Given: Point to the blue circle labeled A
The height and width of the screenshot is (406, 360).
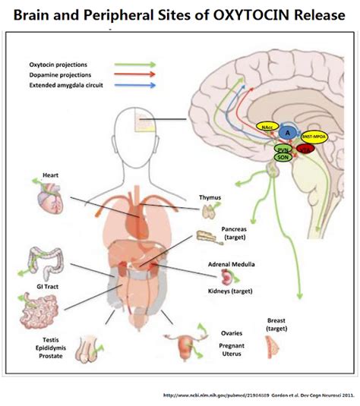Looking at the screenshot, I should click(288, 131).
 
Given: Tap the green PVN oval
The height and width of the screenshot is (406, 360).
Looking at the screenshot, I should click(282, 150).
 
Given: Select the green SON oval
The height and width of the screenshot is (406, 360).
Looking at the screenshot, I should click(282, 159).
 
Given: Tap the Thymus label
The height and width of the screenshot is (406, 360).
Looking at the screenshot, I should click(210, 198).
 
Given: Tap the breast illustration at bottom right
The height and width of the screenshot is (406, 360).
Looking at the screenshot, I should click(271, 347).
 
